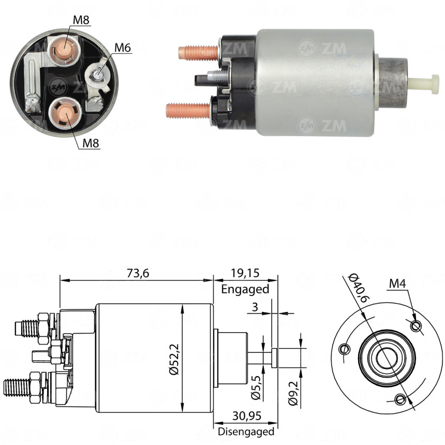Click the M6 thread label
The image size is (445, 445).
coord(123,48)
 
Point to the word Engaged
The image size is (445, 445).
coord(245,289)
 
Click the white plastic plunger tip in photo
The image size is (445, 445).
coord(423,81)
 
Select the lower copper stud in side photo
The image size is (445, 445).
coord(187,109)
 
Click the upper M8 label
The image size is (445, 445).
coord(81,20)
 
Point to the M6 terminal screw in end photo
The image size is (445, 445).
coord(98,76)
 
